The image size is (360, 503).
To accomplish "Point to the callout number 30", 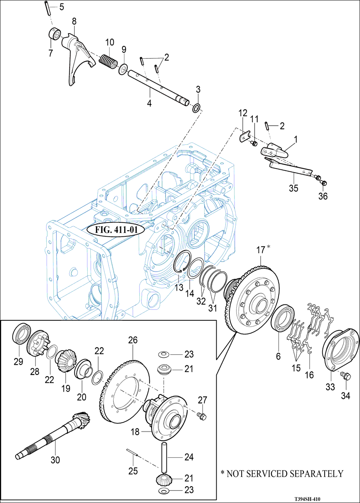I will coord(55,460).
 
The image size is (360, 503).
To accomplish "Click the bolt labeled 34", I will coord(344,376).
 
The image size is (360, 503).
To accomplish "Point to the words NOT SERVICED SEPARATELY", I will coord(285,474).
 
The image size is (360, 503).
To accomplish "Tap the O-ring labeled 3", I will coord(197,107).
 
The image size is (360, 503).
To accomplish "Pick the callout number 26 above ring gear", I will coord(133,341).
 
